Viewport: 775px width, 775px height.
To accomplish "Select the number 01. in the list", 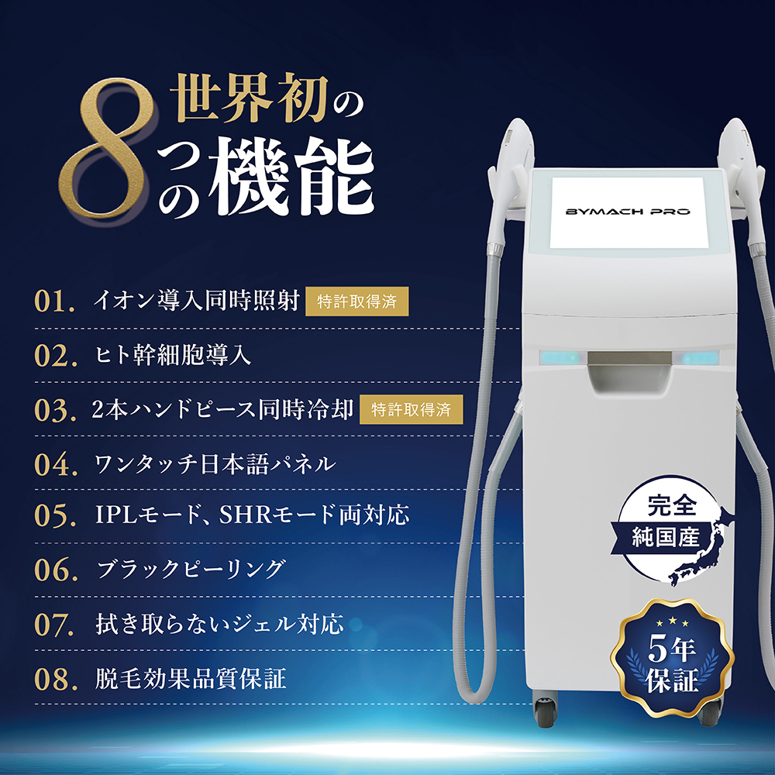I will click(55, 301).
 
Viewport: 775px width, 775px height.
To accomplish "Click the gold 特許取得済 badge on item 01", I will click(357, 301).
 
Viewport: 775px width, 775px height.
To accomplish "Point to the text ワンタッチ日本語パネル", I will click(214, 464).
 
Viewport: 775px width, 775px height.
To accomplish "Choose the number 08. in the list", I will click(55, 680).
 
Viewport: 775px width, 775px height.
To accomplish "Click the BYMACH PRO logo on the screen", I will click(628, 211).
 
